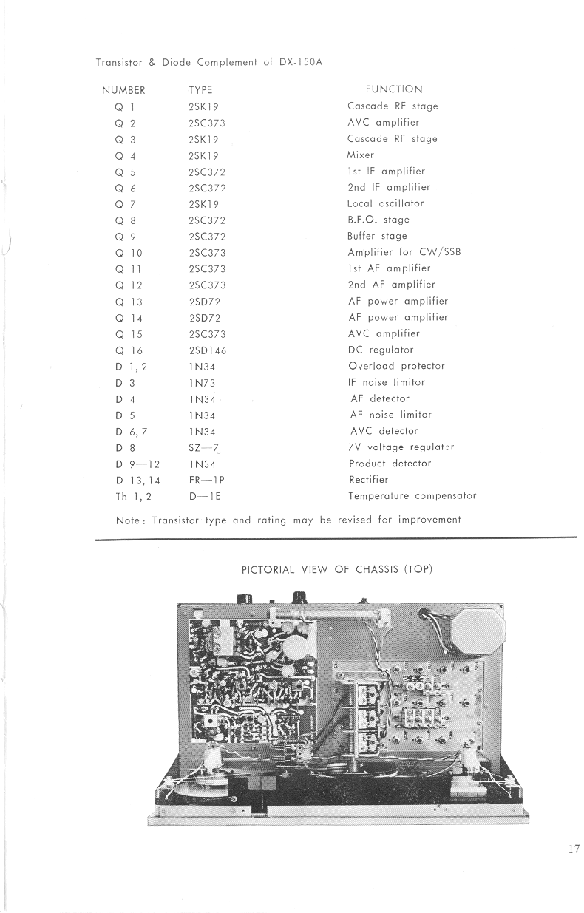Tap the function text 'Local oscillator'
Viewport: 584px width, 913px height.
click(x=385, y=203)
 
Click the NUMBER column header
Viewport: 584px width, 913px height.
click(x=123, y=90)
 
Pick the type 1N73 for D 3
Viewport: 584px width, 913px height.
click(x=202, y=382)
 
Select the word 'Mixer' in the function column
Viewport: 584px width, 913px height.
click(x=361, y=155)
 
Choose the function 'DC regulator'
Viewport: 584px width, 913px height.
click(x=381, y=350)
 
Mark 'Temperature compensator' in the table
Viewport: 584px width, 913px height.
click(x=412, y=496)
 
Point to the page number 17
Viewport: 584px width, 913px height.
click(x=574, y=849)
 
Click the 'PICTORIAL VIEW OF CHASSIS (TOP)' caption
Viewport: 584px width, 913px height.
click(x=336, y=569)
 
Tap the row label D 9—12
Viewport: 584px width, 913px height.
click(x=138, y=464)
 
